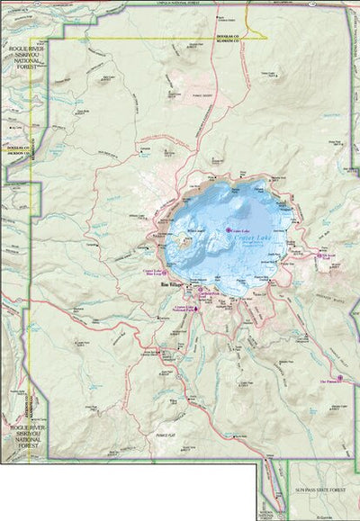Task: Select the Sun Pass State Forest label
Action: point(319,491)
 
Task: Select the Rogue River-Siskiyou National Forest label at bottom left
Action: point(21,432)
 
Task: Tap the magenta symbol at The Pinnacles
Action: point(342,377)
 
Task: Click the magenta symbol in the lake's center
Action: point(229,204)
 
